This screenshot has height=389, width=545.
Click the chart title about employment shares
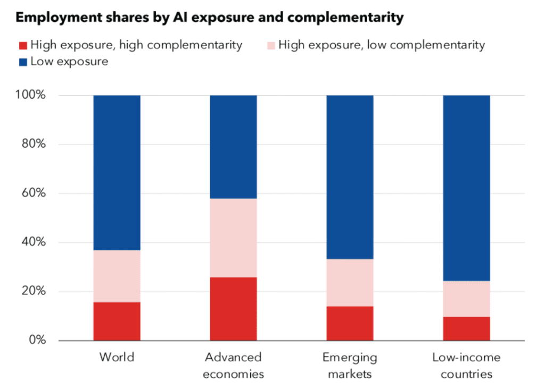209,18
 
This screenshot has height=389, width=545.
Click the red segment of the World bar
117,322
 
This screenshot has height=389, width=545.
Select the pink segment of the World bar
117,276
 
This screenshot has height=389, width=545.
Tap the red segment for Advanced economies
233,309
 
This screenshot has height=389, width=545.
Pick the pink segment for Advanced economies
233,238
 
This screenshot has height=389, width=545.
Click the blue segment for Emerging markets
350,177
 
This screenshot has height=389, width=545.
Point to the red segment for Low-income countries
466,329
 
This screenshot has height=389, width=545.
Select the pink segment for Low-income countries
466,299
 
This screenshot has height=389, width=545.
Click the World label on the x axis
117,357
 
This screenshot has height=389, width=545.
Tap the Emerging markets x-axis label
350,365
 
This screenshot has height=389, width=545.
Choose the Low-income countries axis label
466,365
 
